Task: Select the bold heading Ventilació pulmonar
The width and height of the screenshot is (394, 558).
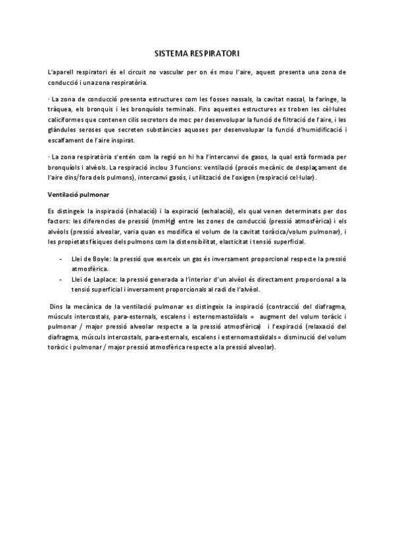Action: pos(79,195)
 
